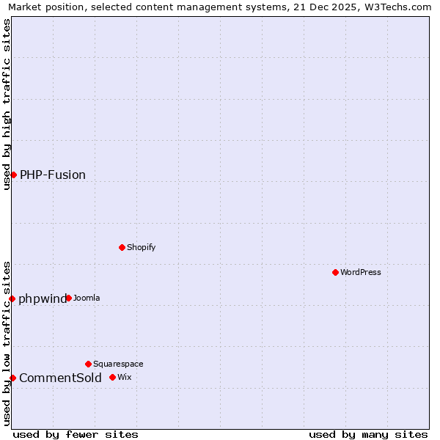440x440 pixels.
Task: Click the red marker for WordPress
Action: click(x=335, y=272)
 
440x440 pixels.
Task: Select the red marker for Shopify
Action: click(x=122, y=247)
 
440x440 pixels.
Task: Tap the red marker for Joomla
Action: click(x=68, y=298)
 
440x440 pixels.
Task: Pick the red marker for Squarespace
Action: click(x=88, y=364)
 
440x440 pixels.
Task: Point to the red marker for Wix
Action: click(x=112, y=377)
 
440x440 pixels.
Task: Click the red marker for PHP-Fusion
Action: click(x=13, y=175)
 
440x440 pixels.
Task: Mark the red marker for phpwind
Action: click(x=12, y=298)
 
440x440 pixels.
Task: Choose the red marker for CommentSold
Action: click(x=12, y=378)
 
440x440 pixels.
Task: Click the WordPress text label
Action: click(x=361, y=272)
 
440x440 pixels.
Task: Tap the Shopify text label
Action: click(x=141, y=247)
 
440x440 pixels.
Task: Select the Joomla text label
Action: click(x=87, y=298)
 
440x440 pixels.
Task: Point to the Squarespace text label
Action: click(x=118, y=364)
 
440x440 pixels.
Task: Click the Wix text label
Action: click(x=124, y=377)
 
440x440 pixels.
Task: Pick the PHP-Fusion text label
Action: click(x=53, y=175)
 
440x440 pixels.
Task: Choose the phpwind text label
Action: click(x=42, y=298)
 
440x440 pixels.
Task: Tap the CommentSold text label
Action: click(x=60, y=378)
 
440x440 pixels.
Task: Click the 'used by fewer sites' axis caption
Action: click(x=76, y=434)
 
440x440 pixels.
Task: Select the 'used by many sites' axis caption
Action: click(x=368, y=434)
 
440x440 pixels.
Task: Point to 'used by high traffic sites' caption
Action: click(x=7, y=104)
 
